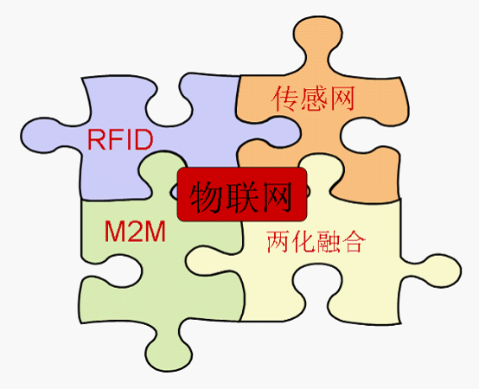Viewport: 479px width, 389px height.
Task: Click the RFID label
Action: click(120, 139)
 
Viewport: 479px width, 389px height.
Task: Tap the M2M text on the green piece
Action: click(135, 231)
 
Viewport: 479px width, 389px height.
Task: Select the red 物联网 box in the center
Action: click(242, 194)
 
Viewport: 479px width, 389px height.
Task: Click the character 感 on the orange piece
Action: click(314, 99)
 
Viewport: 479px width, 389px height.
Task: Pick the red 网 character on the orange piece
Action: click(342, 99)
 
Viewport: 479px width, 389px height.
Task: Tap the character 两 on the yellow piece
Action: click(278, 241)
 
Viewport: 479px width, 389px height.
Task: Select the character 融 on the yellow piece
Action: click(329, 241)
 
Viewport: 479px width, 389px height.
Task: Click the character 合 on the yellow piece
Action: click(354, 241)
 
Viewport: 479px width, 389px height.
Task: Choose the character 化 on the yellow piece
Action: click(303, 241)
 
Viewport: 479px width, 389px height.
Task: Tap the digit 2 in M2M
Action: click(135, 231)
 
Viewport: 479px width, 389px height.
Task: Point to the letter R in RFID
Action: click(96, 139)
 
